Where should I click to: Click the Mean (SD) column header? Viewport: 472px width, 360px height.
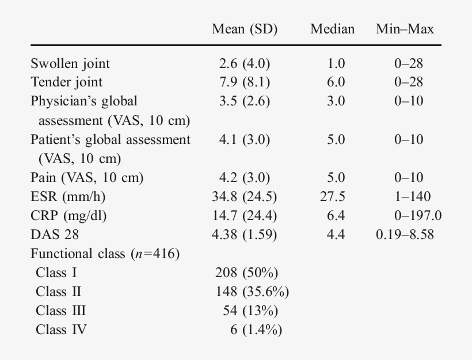pos(245,29)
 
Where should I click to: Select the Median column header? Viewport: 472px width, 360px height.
pos(332,29)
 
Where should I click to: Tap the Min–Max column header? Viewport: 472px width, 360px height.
pos(405,29)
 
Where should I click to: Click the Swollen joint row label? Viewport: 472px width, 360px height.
pos(70,63)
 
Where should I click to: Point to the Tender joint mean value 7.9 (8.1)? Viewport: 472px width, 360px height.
pos(245,82)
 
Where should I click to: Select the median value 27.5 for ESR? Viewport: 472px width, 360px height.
pos(332,197)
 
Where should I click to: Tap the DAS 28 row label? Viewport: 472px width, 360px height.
pos(55,235)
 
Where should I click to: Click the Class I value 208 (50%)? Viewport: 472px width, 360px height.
pos(248,273)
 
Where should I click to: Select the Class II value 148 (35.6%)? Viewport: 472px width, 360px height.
pos(252,292)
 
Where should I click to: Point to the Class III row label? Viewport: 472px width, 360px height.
pos(60,311)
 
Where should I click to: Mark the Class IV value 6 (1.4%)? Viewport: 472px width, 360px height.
pos(256,330)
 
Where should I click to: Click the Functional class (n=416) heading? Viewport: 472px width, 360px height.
pos(105,254)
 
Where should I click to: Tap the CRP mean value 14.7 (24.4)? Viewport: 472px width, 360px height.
pos(245,216)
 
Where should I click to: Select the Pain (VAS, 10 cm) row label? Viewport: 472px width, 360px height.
pos(87,178)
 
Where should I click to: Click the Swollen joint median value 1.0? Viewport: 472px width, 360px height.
pos(336,63)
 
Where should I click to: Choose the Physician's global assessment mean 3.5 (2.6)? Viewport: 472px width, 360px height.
pos(245,101)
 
